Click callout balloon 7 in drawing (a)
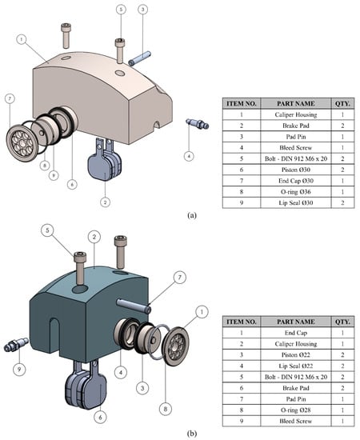point(10,98)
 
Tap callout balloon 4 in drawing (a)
point(189,156)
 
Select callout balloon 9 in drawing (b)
point(19,369)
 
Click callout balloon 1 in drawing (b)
point(202,312)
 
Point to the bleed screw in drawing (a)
point(198,123)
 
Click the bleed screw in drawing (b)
point(16,345)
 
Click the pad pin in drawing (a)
point(139,58)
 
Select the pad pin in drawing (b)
point(134,306)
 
